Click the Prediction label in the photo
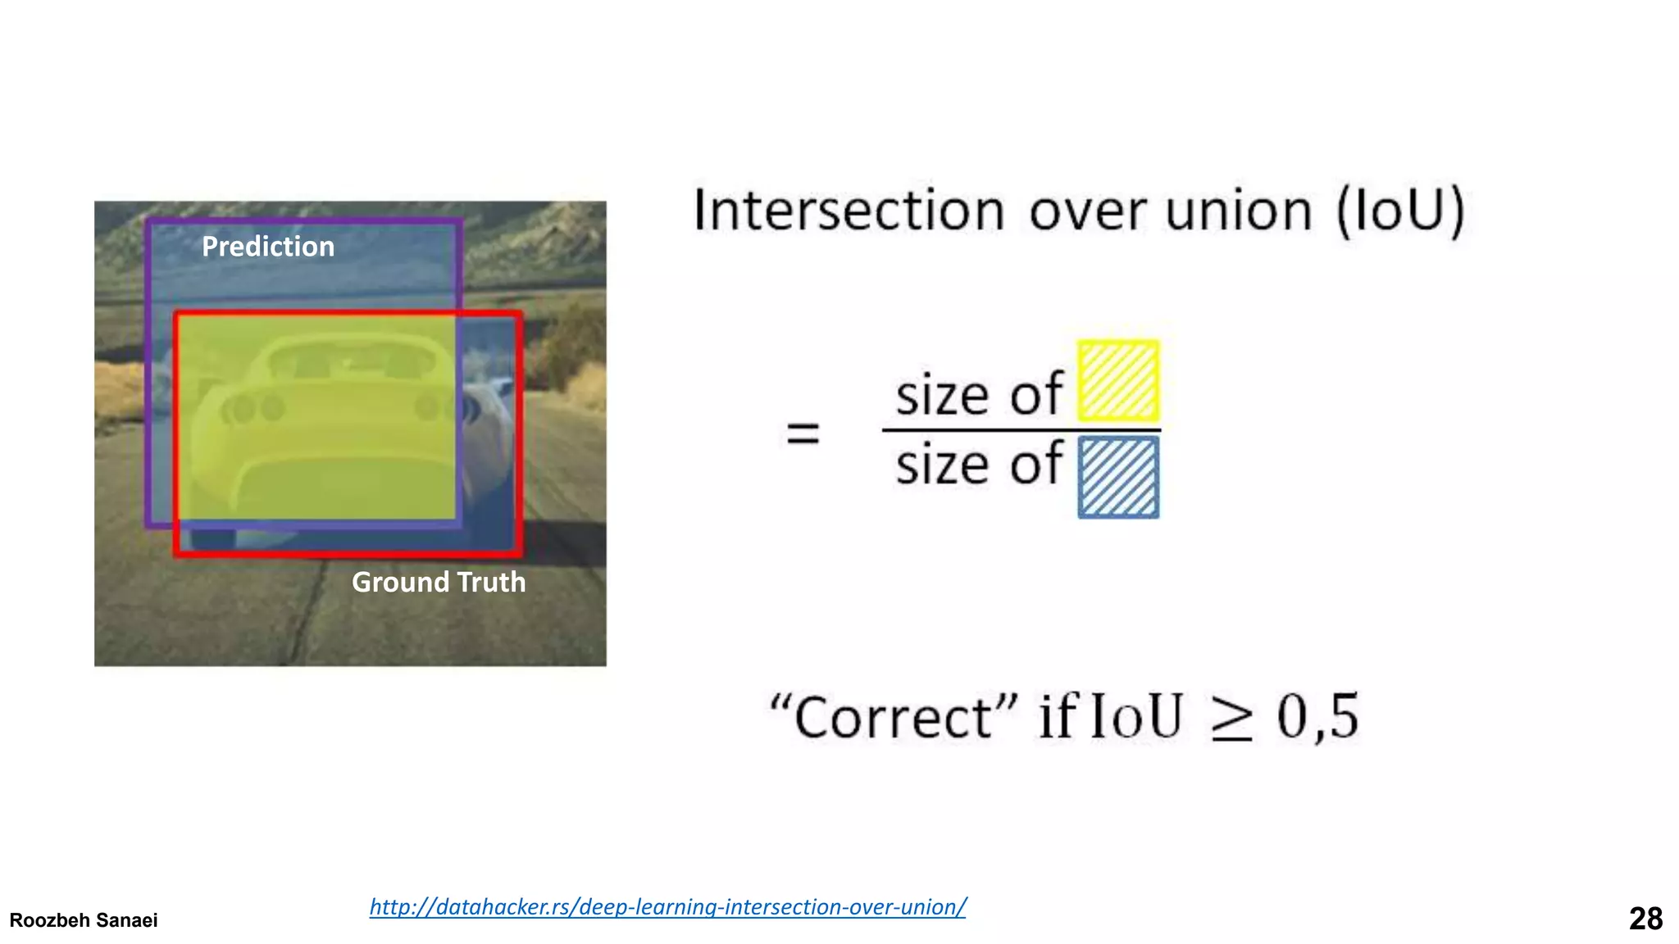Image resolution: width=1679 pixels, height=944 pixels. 268,247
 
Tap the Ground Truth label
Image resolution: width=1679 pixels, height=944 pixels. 439,582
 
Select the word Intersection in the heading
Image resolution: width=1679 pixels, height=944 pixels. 849,211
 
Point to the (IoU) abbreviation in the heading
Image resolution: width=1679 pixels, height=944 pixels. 1400,211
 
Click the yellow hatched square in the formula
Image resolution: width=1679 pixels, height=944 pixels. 1118,381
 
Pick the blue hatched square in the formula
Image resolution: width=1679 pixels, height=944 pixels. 1118,478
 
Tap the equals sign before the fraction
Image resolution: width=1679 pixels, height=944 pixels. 803,432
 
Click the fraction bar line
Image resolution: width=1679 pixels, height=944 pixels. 1021,429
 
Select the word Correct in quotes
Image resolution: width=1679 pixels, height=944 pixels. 894,717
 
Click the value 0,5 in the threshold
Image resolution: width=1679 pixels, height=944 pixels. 1317,717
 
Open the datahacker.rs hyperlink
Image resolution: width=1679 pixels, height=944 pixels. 667,906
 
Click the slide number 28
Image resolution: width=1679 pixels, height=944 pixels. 1645,919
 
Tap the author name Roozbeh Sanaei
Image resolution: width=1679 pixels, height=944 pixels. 84,920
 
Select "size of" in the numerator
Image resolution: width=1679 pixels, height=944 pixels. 979,395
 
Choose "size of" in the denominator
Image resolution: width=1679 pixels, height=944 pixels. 979,465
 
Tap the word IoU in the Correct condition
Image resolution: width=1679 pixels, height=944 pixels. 1136,717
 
